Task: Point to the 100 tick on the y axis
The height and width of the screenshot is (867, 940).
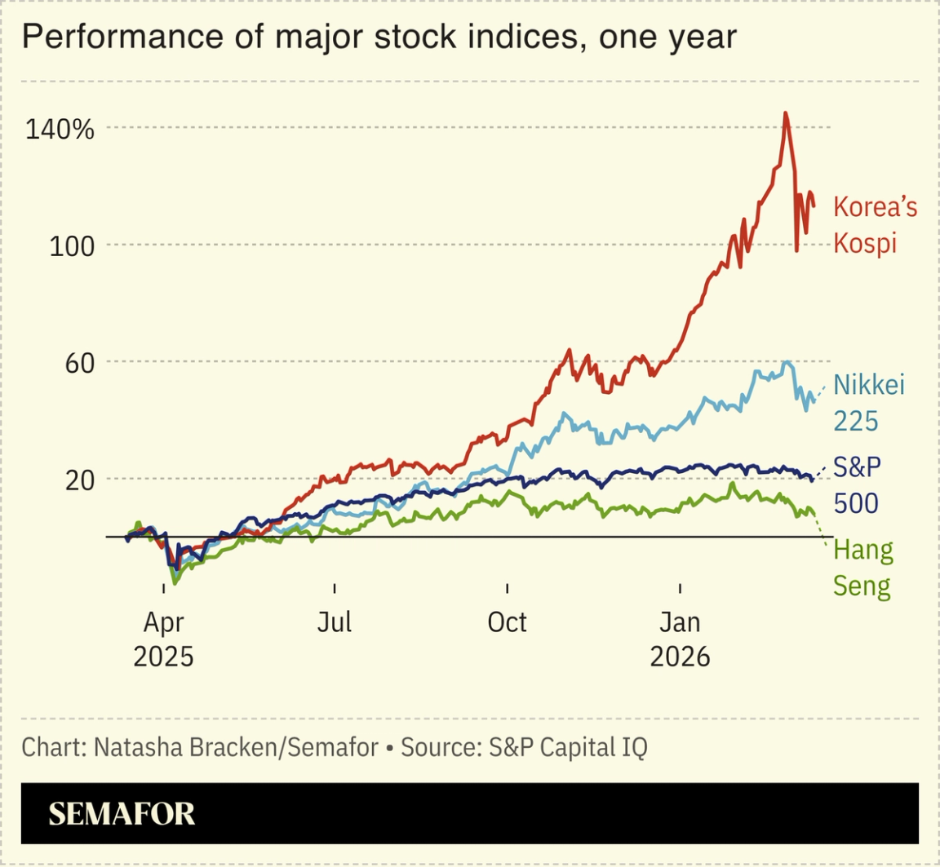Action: pos(72,246)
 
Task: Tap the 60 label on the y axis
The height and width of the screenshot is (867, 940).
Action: pos(78,362)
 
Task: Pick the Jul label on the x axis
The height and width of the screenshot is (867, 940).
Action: pos(335,622)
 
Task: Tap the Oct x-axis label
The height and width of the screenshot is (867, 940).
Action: pos(507,622)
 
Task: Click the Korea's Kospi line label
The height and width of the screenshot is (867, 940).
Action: pos(875,224)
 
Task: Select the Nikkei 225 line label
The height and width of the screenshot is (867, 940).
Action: pos(869,402)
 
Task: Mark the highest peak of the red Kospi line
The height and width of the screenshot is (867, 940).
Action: pos(785,113)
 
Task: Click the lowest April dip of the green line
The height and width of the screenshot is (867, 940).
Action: pos(174,584)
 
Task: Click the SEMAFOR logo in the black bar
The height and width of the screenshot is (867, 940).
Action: pos(122,813)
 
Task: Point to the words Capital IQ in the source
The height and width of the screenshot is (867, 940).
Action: pos(594,747)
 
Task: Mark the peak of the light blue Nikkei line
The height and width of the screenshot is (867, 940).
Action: pos(787,362)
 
